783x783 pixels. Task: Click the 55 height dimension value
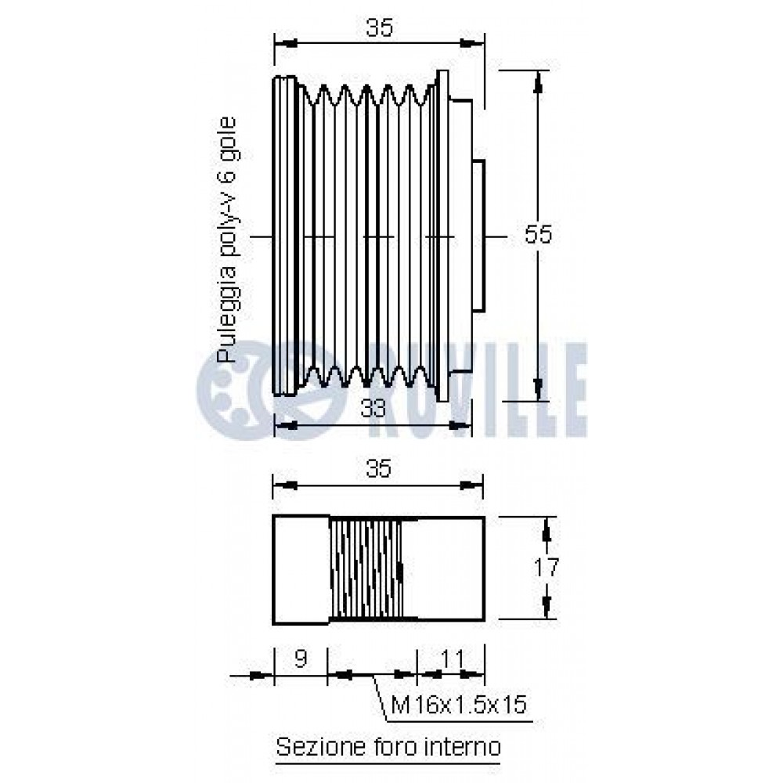(x=538, y=234)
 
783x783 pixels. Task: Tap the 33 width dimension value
(x=373, y=409)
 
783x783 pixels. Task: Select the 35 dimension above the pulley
(x=380, y=27)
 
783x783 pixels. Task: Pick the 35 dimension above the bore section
(x=378, y=469)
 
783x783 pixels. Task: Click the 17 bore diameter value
(x=547, y=568)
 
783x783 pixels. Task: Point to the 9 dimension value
(x=300, y=659)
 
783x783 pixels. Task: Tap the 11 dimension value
(x=452, y=659)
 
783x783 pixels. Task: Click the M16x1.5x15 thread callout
(x=459, y=705)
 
